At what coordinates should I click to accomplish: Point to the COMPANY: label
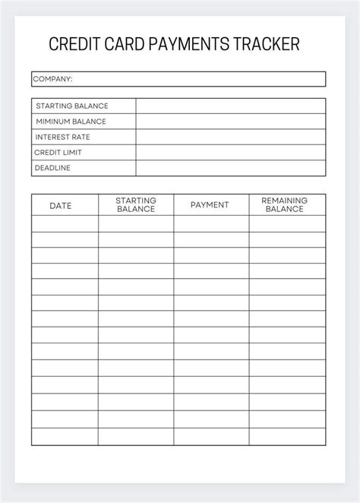point(53,79)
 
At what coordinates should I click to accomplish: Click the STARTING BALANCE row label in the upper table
point(72,106)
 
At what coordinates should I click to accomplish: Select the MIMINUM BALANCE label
point(71,122)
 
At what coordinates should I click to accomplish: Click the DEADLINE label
point(53,168)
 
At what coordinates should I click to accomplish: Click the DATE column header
point(62,205)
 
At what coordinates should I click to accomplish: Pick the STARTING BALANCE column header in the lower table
point(135,204)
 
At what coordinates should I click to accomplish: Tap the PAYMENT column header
point(210,205)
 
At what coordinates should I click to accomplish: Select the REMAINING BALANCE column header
point(285,204)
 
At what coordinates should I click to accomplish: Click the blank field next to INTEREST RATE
point(231,137)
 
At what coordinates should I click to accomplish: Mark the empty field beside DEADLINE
point(231,168)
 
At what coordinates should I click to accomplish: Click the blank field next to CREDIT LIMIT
point(231,153)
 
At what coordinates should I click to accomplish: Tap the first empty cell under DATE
point(65,223)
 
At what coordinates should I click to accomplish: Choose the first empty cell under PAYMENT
point(211,223)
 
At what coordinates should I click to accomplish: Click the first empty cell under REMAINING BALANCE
point(287,223)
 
